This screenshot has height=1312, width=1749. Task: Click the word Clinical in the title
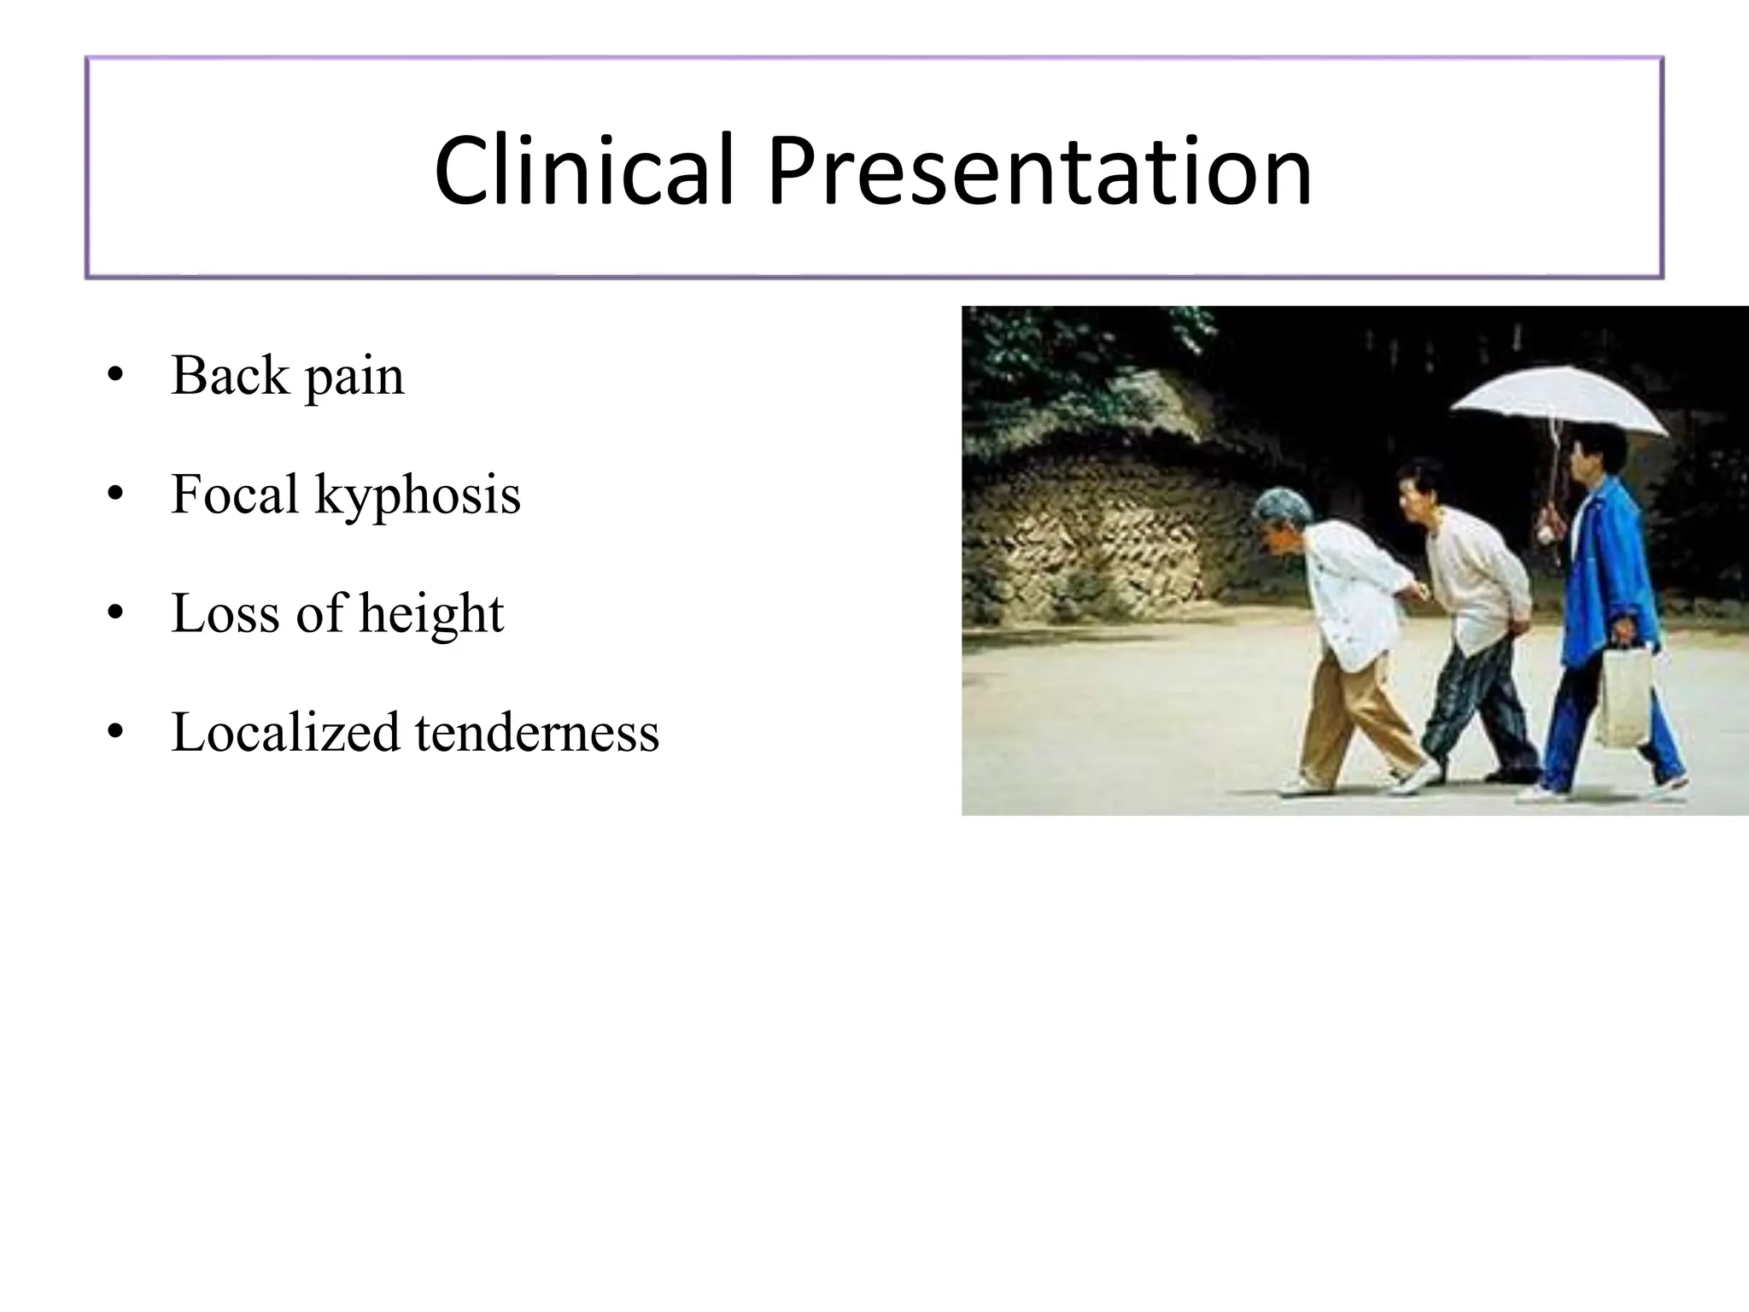[584, 171]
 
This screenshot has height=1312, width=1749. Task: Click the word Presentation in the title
[1039, 171]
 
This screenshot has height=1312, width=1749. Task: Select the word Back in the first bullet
[230, 375]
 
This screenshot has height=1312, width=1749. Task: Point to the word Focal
[235, 494]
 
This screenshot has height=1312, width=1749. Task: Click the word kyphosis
[418, 495]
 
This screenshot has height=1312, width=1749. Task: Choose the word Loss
[225, 612]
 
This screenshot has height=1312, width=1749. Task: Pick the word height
[431, 614]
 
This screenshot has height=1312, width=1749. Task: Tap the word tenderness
[537, 732]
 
